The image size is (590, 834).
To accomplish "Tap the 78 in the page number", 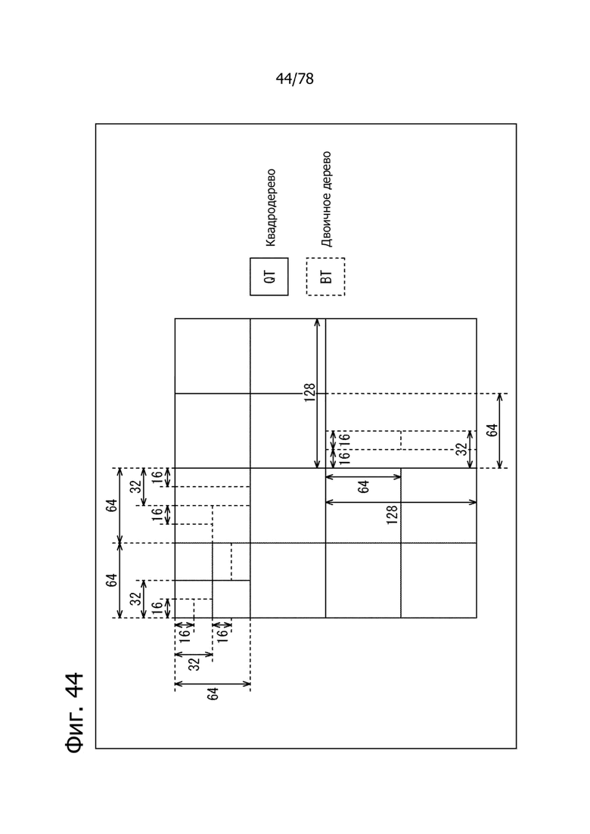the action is click(306, 79).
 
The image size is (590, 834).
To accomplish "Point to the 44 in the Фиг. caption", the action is click(75, 685).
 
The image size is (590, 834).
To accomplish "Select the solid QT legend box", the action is click(269, 277).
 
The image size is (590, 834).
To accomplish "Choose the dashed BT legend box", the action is click(325, 277).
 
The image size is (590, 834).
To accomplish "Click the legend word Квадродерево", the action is click(270, 208).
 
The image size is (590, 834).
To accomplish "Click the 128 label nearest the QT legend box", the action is click(310, 393).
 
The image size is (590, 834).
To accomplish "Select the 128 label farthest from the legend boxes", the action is click(393, 515).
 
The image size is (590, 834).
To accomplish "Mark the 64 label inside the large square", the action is click(364, 487).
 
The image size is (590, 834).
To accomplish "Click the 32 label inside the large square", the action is click(462, 449).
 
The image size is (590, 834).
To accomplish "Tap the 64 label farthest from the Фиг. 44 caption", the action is click(492, 430).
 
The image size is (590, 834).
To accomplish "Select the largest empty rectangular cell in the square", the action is click(401, 356).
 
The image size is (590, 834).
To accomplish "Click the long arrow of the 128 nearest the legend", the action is click(318, 393).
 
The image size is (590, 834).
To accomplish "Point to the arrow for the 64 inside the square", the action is click(363, 477).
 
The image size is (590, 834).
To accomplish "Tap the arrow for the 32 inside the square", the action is click(470, 449).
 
